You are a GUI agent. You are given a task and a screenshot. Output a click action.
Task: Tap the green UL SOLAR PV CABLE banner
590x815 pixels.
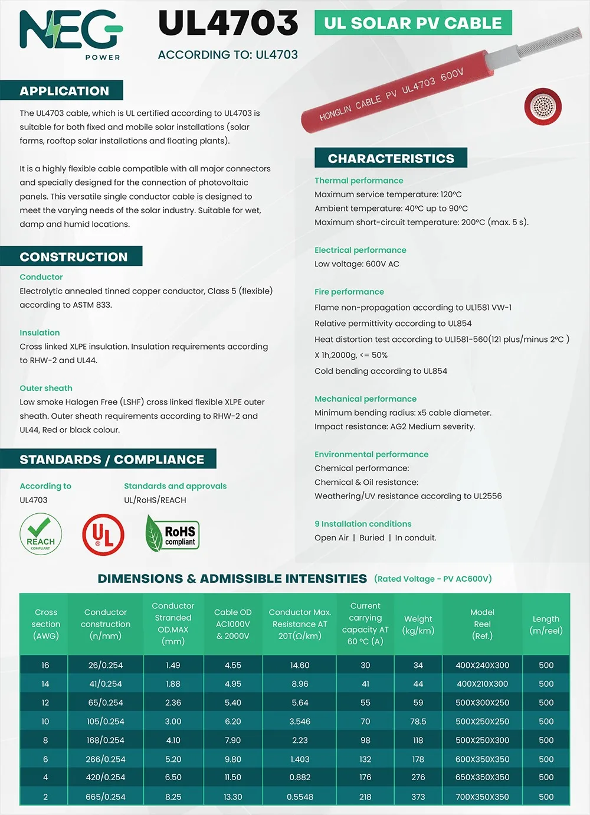click(x=413, y=23)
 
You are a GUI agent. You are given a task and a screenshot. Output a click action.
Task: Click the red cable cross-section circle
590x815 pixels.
click(x=543, y=107)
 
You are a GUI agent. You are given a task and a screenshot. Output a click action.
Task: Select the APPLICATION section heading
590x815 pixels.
click(x=64, y=91)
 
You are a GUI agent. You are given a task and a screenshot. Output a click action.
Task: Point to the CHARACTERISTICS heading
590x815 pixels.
click(x=391, y=158)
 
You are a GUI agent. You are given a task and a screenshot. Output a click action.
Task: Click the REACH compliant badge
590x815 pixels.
click(x=41, y=534)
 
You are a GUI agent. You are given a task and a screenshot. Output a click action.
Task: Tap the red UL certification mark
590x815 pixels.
click(x=103, y=534)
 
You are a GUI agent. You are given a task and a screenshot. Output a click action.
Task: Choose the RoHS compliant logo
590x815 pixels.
click(x=172, y=533)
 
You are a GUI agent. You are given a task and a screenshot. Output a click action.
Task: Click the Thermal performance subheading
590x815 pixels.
click(x=359, y=181)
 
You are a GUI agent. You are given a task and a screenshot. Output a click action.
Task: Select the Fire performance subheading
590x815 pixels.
click(x=349, y=292)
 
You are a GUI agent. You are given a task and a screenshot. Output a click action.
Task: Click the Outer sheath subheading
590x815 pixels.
click(x=46, y=388)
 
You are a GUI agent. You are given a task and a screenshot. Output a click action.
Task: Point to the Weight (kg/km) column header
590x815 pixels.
click(x=418, y=624)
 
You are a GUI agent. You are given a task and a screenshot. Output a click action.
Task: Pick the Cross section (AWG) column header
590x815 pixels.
click(x=45, y=624)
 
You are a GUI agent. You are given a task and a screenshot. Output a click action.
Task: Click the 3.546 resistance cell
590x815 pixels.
click(x=300, y=721)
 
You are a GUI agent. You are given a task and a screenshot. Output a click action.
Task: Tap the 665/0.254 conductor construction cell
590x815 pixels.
click(x=106, y=797)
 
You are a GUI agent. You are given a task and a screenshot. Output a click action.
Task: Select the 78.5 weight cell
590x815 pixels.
click(x=418, y=721)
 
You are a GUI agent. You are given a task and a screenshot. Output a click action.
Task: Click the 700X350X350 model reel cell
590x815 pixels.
click(x=482, y=797)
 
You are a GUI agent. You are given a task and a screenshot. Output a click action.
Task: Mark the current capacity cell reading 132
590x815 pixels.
click(x=365, y=759)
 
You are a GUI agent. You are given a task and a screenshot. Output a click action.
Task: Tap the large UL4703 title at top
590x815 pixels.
click(x=228, y=24)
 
